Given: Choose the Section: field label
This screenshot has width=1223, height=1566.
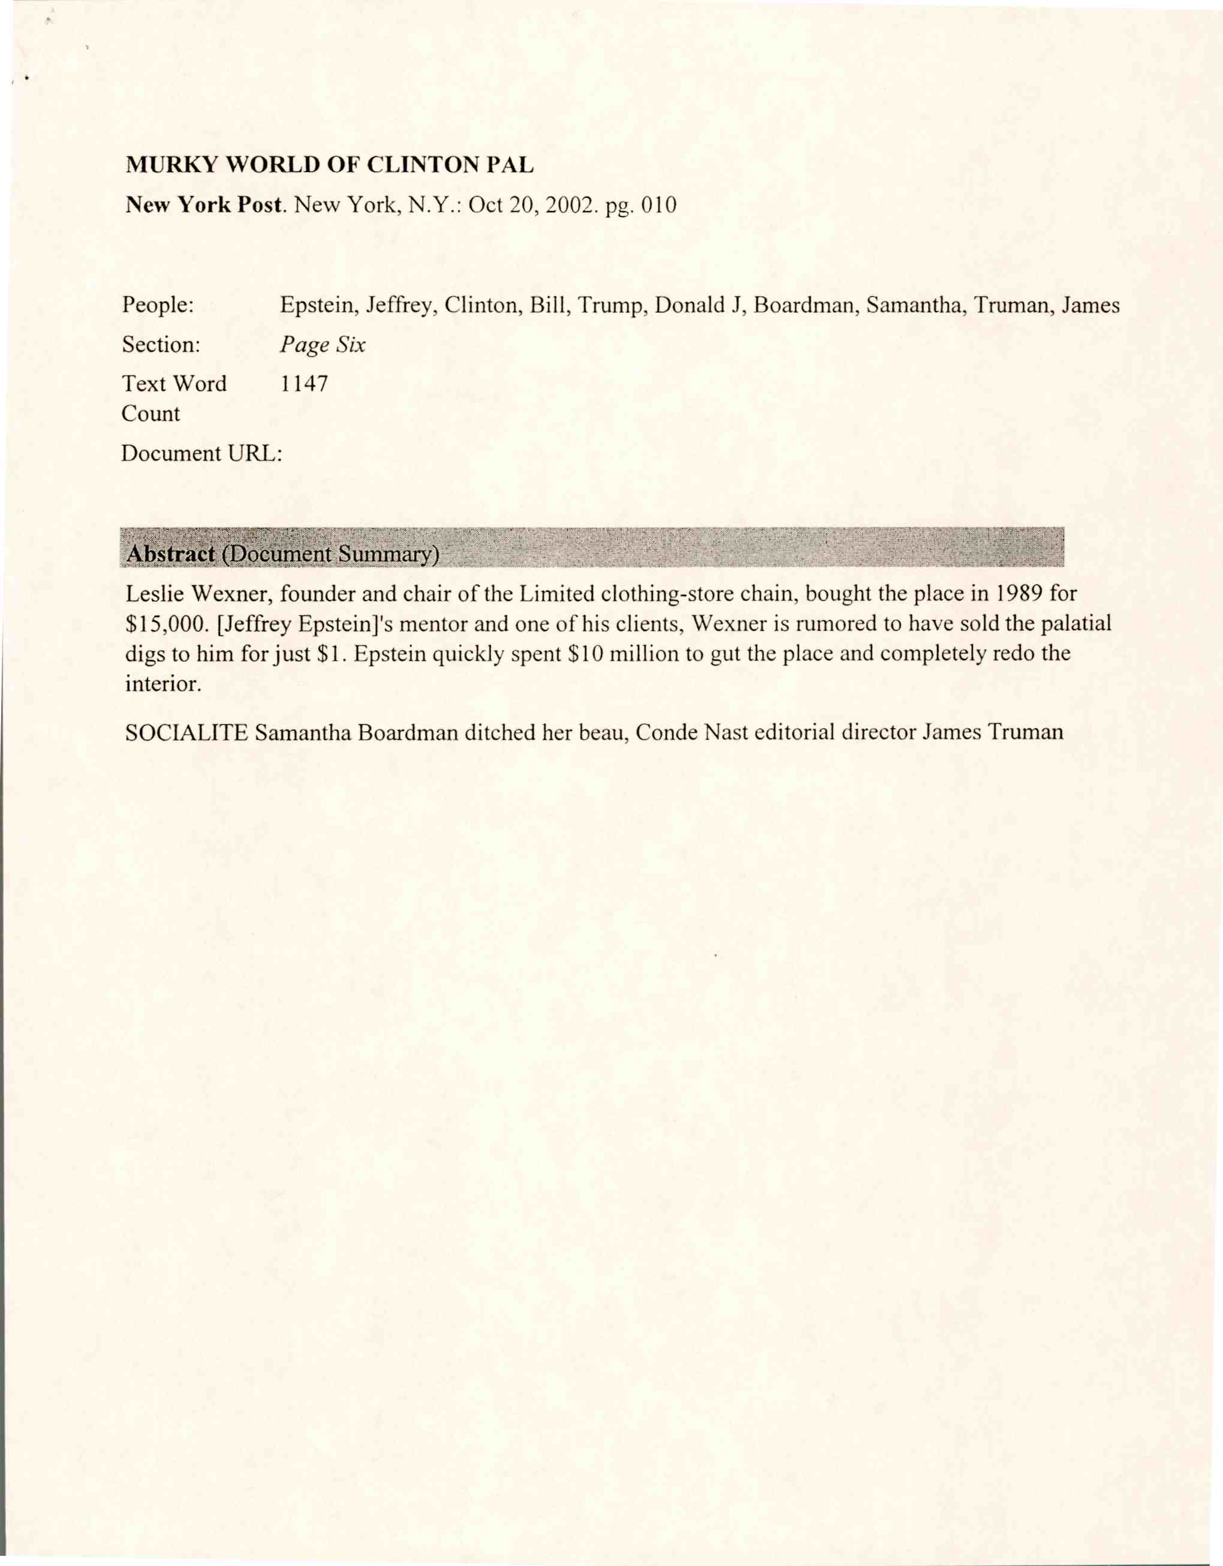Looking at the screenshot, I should pyautogui.click(x=161, y=345).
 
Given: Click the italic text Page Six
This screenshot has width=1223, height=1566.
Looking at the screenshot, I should pyautogui.click(x=323, y=345).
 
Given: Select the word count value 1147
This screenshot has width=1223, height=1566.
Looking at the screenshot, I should pyautogui.click(x=304, y=384).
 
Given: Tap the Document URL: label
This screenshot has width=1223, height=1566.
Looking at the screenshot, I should pyautogui.click(x=201, y=454).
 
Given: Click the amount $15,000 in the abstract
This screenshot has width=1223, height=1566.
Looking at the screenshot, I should pyautogui.click(x=166, y=624).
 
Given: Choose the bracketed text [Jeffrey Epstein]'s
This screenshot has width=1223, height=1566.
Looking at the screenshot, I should pyautogui.click(x=297, y=624).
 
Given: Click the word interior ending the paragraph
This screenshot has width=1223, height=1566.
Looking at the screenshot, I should pyautogui.click(x=162, y=684).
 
